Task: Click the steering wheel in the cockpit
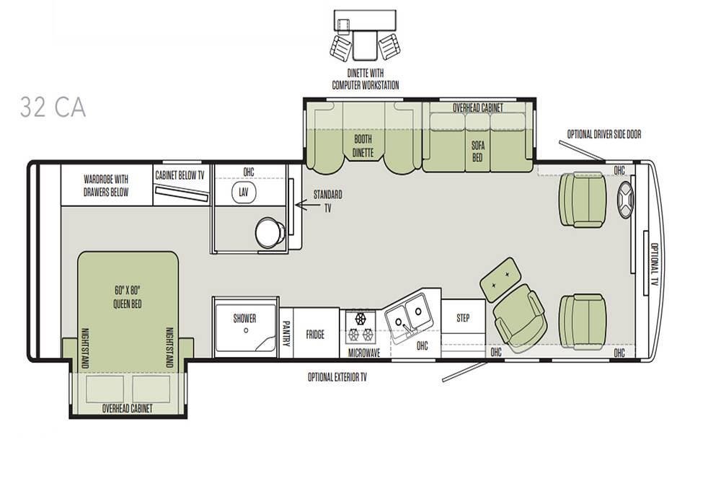pyautogui.click(x=625, y=200)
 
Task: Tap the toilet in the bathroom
pyautogui.click(x=270, y=231)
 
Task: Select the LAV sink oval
pyautogui.click(x=243, y=193)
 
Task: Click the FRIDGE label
pyautogui.click(x=316, y=335)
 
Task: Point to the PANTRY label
pyautogui.click(x=286, y=333)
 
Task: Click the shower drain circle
pyautogui.click(x=246, y=330)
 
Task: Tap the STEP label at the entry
pyautogui.click(x=463, y=318)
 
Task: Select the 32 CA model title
pyautogui.click(x=53, y=107)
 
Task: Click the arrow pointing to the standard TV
pyautogui.click(x=308, y=204)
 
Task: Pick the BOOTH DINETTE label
pyautogui.click(x=363, y=146)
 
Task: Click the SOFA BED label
pyautogui.click(x=478, y=151)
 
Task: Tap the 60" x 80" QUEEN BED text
pyautogui.click(x=128, y=297)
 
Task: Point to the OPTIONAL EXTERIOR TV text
pyautogui.click(x=337, y=378)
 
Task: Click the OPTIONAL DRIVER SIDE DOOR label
pyautogui.click(x=603, y=134)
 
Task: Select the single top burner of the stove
pyautogui.click(x=360, y=318)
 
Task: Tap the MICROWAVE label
pyautogui.click(x=363, y=353)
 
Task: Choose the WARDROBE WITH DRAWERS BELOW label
pyautogui.click(x=106, y=185)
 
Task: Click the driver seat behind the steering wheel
pyautogui.click(x=582, y=200)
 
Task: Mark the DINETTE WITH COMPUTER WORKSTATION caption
pyautogui.click(x=366, y=79)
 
